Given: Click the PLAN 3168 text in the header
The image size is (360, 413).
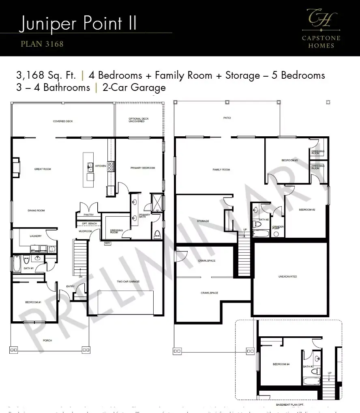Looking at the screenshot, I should tap(42, 43).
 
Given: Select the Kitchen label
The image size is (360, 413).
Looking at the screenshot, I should tap(101, 166).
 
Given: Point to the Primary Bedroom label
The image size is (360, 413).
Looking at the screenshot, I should tap(142, 168).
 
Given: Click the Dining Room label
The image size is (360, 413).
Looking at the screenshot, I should tap(36, 211).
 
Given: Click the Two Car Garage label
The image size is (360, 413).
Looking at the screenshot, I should tap(126, 281).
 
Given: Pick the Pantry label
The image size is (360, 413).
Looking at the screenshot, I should tap(89, 215).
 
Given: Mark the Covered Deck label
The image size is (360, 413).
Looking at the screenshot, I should tap(63, 121).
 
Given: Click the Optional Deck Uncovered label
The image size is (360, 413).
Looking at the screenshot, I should tap(137, 120).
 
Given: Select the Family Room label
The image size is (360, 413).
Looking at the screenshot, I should tap(221, 170).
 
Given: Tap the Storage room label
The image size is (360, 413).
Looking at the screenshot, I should tap(203, 221).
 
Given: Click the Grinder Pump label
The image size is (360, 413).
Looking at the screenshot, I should tap(278, 228).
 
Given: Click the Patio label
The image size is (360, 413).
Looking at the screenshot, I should tap(227, 118).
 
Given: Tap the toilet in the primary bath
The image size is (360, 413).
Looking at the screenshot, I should tap(157, 234).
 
